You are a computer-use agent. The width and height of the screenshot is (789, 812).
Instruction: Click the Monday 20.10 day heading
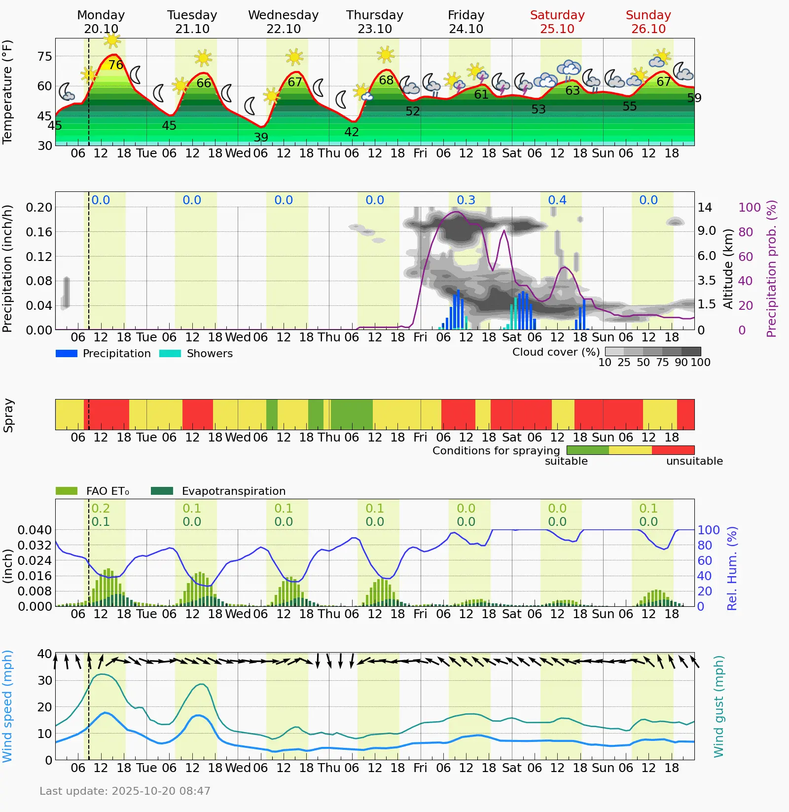[101, 22]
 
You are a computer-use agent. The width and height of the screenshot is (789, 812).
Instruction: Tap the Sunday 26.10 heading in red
[648, 22]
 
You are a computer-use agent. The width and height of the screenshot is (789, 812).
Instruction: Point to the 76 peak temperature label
[116, 65]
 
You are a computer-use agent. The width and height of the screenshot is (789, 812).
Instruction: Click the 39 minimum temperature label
[261, 138]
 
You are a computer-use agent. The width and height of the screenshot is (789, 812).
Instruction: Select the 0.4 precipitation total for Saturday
[557, 200]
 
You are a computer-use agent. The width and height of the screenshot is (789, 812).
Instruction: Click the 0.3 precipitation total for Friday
[466, 200]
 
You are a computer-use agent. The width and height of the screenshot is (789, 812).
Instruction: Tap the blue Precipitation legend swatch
[67, 353]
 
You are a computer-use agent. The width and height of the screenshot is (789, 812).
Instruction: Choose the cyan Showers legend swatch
[170, 353]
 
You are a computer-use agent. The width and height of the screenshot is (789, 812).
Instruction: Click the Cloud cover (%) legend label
[556, 352]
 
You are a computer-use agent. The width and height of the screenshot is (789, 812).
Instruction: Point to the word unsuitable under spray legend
[694, 461]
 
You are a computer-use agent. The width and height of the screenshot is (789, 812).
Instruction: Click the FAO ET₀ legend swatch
[67, 491]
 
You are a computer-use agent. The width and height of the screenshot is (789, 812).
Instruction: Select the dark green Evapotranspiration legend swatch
[162, 491]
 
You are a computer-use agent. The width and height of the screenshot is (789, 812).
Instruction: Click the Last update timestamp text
[125, 791]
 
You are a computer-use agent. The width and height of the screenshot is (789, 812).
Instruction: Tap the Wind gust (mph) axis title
[718, 706]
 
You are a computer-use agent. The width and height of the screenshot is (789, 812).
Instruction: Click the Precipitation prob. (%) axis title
[771, 268]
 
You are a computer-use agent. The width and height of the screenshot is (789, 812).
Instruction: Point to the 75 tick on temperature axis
[44, 57]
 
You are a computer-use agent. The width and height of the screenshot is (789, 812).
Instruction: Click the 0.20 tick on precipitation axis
[39, 207]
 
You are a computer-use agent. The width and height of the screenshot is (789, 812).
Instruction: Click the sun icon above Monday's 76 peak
[112, 39]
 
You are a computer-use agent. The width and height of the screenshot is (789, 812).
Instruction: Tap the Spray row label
[8, 415]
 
